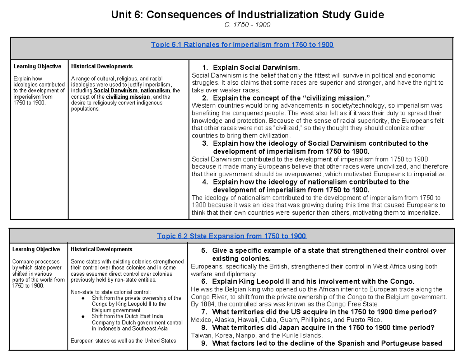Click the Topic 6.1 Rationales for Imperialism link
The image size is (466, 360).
(x=242, y=45)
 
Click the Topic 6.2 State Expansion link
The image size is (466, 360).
(x=231, y=236)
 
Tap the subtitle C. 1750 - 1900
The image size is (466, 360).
(x=247, y=25)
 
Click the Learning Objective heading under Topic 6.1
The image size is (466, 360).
(x=37, y=66)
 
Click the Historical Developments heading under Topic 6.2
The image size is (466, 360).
(x=102, y=249)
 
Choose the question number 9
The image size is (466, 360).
(x=204, y=343)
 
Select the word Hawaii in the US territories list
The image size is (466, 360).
(x=249, y=320)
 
